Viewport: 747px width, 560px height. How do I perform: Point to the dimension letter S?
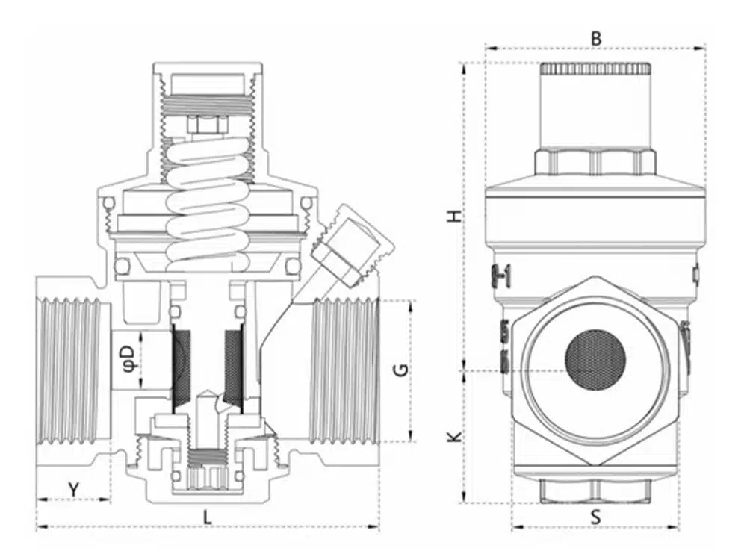pos(595,517)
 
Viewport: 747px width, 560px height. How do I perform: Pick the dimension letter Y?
pos(73,489)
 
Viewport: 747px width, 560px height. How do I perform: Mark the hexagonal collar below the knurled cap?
pos(595,162)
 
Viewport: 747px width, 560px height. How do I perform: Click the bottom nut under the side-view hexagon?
pos(595,491)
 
